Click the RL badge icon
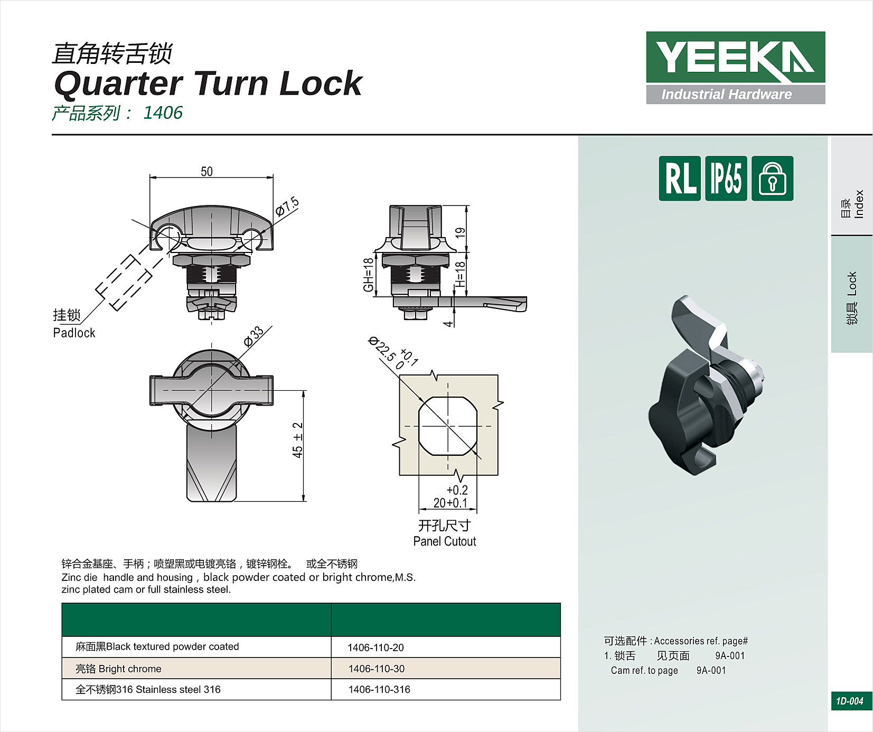680,179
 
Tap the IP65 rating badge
726,179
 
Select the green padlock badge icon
772,179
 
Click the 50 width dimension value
206,172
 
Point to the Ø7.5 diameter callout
288,207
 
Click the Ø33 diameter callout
254,336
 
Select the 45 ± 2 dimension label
298,440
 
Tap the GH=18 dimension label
368,275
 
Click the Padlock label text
74,333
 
